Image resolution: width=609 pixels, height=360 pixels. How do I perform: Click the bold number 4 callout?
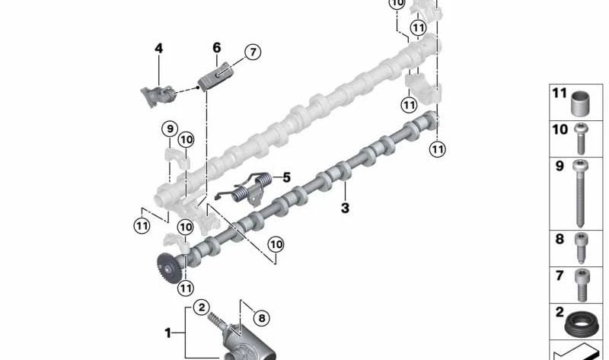click(158, 49)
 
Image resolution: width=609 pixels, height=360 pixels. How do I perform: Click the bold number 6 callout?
click(217, 48)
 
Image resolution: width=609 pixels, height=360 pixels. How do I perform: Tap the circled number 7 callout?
click(253, 52)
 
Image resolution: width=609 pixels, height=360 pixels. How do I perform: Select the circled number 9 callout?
click(170, 129)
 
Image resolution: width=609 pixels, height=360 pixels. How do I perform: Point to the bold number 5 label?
click(287, 177)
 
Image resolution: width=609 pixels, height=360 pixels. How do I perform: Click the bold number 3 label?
click(345, 208)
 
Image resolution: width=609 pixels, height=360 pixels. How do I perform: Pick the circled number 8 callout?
click(262, 318)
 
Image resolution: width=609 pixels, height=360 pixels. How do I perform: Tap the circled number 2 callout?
click(201, 308)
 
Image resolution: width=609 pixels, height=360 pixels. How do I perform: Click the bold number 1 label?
click(167, 333)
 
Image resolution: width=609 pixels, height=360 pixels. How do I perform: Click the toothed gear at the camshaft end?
click(168, 268)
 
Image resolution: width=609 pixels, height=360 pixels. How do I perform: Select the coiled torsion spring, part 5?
click(246, 189)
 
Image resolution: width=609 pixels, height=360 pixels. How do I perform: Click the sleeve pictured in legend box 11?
click(581, 104)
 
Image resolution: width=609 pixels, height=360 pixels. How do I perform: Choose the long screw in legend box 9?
click(580, 193)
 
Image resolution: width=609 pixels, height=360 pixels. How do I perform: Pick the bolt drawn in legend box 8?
click(581, 248)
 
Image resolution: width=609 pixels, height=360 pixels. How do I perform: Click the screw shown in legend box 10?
click(581, 139)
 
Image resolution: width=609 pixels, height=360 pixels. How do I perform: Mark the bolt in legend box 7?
click(582, 285)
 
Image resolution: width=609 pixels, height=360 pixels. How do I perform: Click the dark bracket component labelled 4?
click(158, 96)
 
